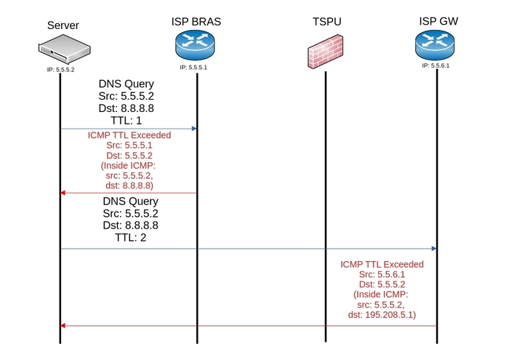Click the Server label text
(x=63, y=25)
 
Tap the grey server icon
(x=64, y=49)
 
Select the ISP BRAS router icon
(x=195, y=45)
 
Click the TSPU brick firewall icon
(x=325, y=52)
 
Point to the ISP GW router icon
(x=435, y=45)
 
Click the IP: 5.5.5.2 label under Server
(x=60, y=70)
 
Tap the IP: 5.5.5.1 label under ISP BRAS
(x=193, y=68)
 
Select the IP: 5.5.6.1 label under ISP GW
(x=436, y=65)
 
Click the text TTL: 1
(x=127, y=121)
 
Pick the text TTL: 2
(x=130, y=238)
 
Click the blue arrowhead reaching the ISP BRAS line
(x=194, y=129)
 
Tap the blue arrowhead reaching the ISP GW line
(x=434, y=249)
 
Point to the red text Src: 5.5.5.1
(x=129, y=145)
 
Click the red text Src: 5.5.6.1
(x=382, y=274)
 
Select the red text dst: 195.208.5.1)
(x=382, y=315)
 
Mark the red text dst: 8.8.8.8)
(x=129, y=185)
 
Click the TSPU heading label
(x=327, y=22)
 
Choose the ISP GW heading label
(x=438, y=21)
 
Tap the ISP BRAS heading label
(x=196, y=22)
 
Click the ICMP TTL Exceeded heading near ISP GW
(x=382, y=264)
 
